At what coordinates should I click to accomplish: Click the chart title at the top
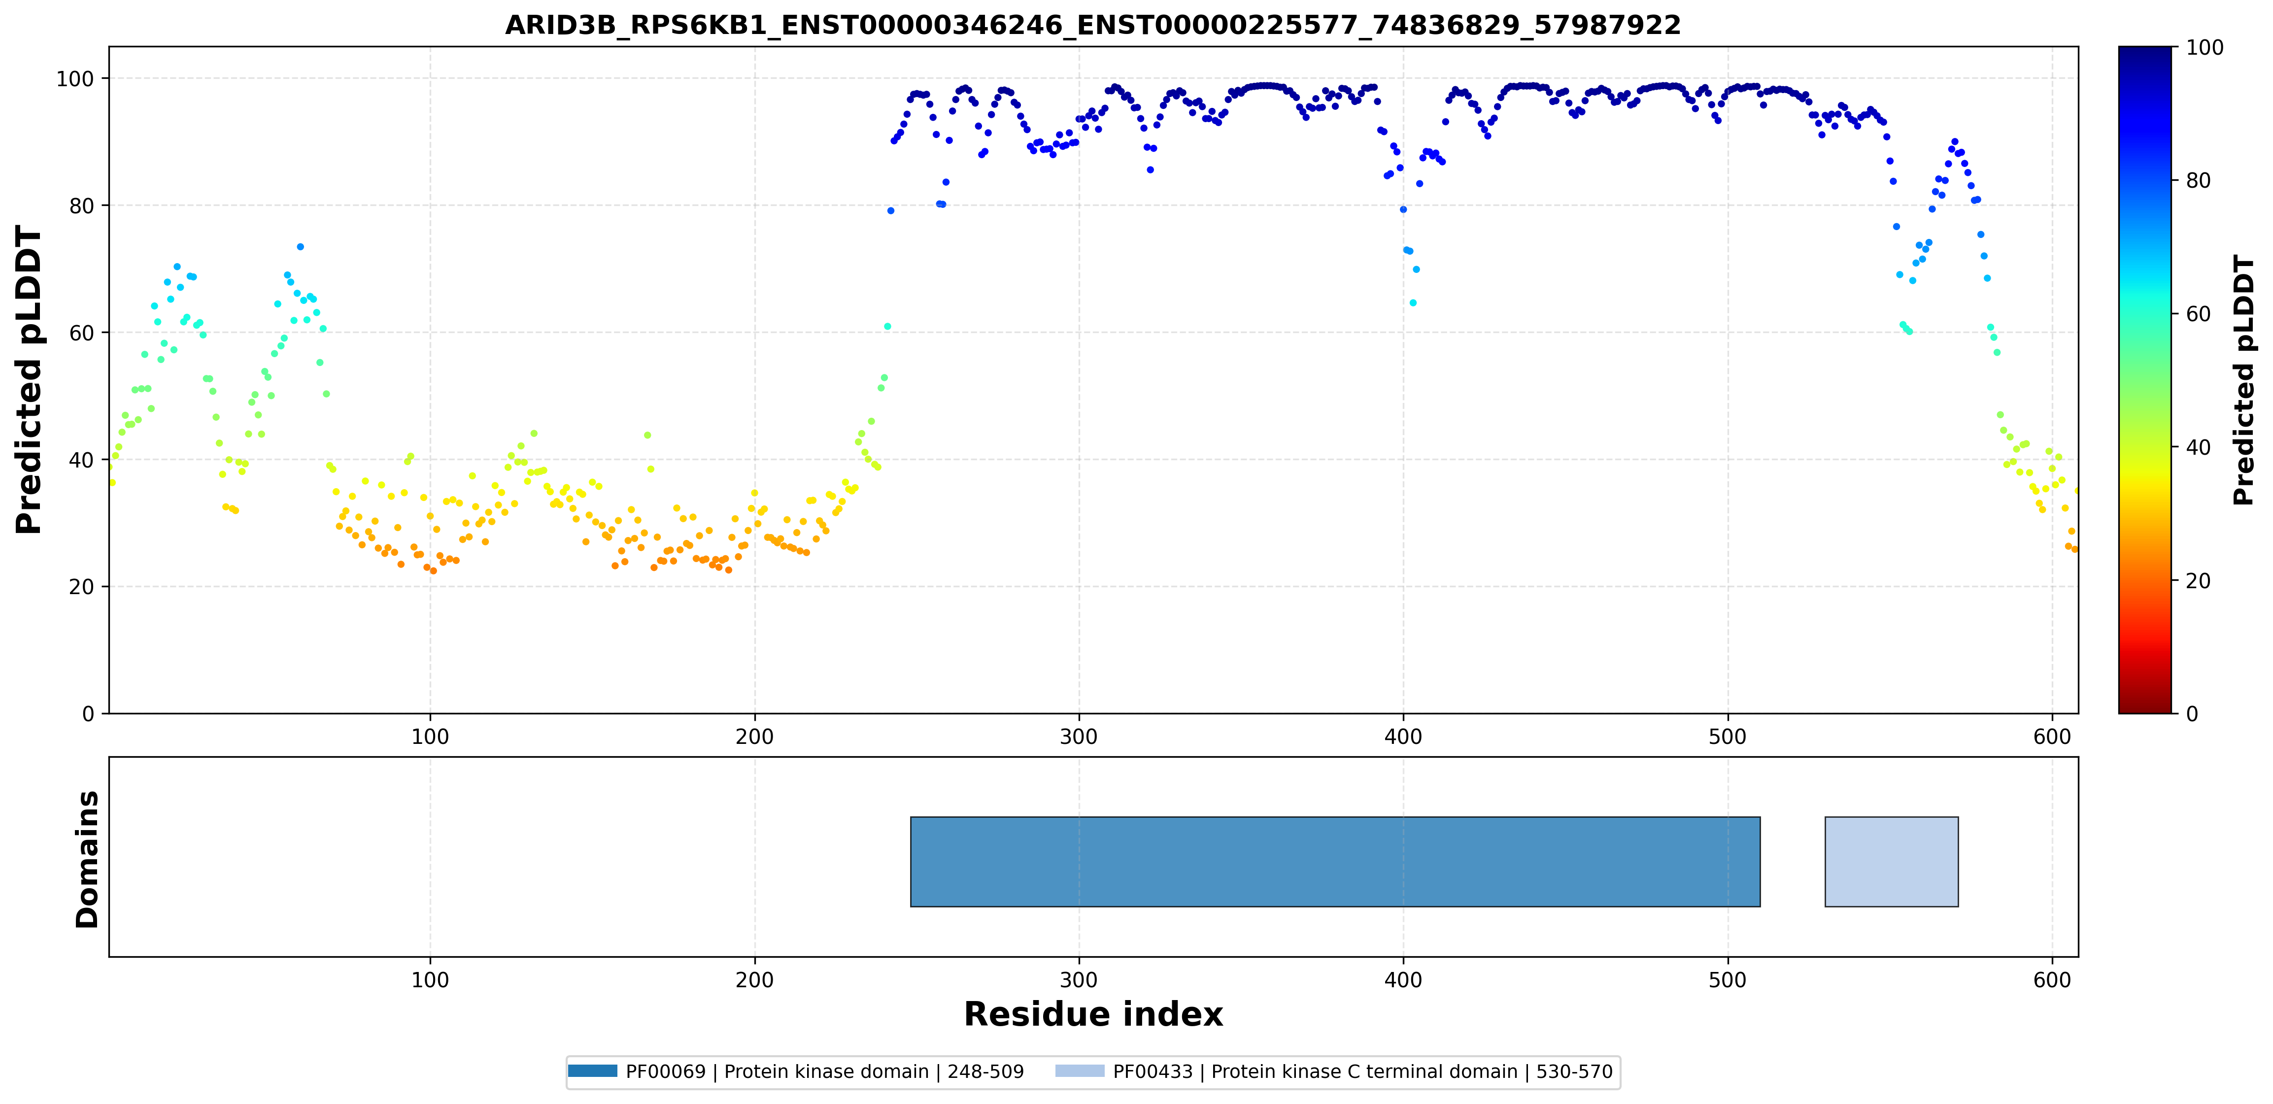point(1092,25)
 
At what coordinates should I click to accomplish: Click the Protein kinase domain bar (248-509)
point(1335,861)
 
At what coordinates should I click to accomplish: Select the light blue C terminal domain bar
point(1892,861)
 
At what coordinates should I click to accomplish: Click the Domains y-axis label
point(87,859)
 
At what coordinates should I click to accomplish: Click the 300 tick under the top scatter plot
point(1079,737)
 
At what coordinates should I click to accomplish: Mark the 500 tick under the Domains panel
point(1728,980)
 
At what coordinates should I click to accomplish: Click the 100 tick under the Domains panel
point(431,980)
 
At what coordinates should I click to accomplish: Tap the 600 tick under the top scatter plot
point(2052,737)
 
